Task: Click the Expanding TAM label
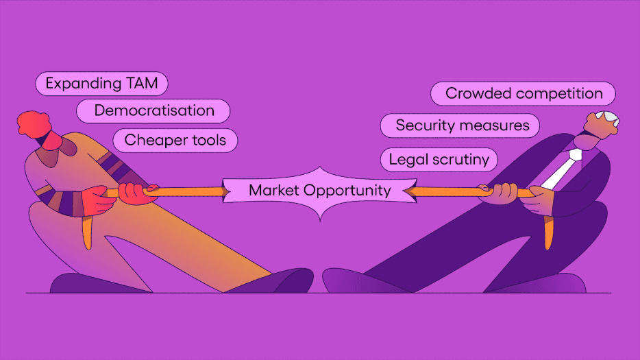pos(101,84)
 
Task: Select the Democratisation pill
pos(153,110)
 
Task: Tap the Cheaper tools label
pos(175,141)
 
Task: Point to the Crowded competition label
pos(524,93)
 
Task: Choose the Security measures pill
pos(462,125)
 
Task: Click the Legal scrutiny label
pos(439,160)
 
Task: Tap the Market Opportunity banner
pos(319,191)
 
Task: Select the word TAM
pos(141,84)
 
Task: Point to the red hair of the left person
pos(34,123)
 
